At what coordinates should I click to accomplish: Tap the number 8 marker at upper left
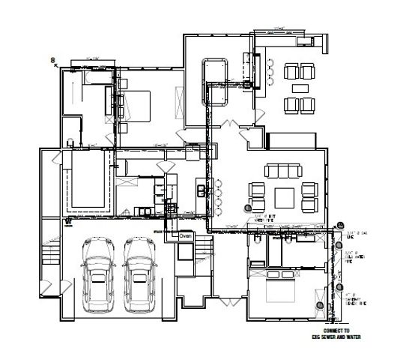[x=52, y=58]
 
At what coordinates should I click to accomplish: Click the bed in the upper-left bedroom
[x=135, y=105]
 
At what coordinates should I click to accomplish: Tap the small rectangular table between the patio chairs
[x=299, y=87]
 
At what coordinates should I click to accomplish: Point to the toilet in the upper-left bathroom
[x=70, y=142]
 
